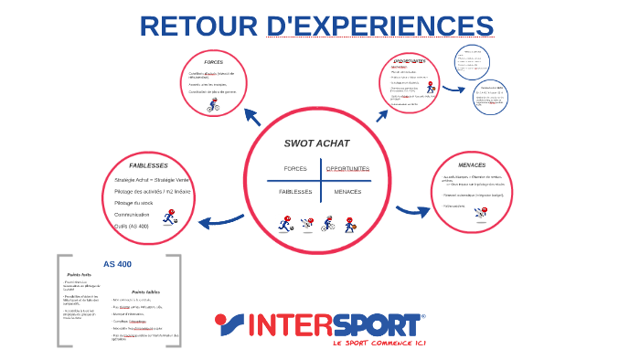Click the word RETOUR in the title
point(198,26)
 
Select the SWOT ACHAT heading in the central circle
point(316,143)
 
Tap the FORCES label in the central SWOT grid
point(295,169)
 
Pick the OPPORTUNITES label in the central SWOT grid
point(347,169)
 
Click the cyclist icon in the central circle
point(327,223)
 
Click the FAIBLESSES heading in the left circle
point(147,165)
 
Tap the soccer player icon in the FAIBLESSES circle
point(169,217)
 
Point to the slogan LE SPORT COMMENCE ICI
point(380,344)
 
